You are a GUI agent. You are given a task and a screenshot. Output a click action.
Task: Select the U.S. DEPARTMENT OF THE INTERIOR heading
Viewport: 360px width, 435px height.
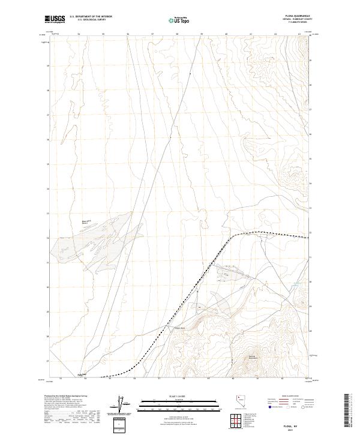point(91,17)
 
